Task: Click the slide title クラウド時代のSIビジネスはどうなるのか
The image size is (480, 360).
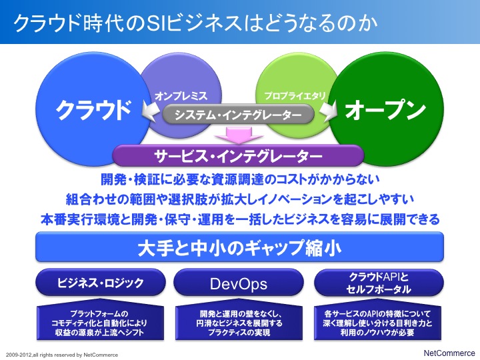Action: pyautogui.click(x=195, y=23)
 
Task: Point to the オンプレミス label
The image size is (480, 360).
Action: pyautogui.click(x=181, y=96)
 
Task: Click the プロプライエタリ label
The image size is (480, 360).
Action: pyautogui.click(x=295, y=96)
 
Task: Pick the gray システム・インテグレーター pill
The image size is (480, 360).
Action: pyautogui.click(x=238, y=115)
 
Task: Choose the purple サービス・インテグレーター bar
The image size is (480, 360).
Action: pyautogui.click(x=238, y=155)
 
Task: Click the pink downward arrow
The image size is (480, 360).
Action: pyautogui.click(x=239, y=135)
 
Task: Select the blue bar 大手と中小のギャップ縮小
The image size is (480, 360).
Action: pyautogui.click(x=239, y=247)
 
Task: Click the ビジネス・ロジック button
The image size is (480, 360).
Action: pyautogui.click(x=101, y=282)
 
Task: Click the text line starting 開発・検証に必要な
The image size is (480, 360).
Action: pyautogui.click(x=240, y=179)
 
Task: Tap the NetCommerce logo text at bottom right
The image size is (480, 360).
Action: pyautogui.click(x=449, y=353)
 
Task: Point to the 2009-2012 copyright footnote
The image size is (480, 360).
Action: pyautogui.click(x=62, y=355)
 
